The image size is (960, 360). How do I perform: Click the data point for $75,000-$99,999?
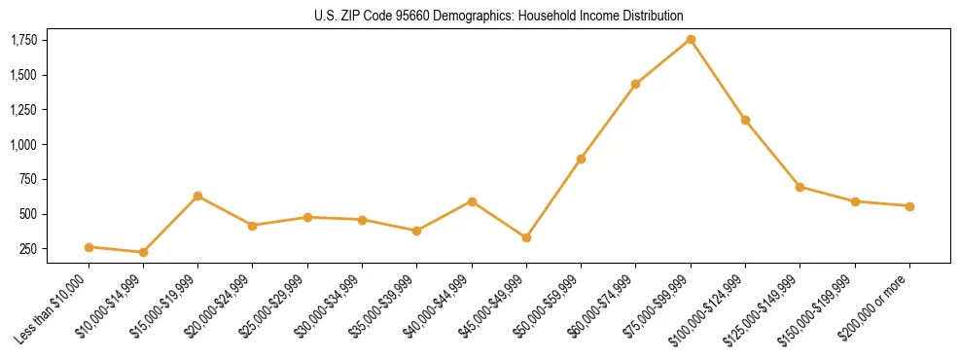691,39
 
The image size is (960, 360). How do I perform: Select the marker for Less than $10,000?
89,247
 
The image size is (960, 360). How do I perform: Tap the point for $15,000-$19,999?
197,196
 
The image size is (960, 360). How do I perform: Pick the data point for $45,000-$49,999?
526,237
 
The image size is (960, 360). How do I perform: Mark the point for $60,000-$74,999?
635,84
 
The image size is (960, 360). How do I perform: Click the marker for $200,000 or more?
909,206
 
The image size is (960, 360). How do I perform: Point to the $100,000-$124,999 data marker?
745,120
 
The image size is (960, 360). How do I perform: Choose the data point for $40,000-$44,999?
472,201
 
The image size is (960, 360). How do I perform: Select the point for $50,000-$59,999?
581,159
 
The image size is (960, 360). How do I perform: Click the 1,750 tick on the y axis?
24,40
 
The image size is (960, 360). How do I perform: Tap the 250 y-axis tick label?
29,249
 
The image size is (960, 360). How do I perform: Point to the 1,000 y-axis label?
24,145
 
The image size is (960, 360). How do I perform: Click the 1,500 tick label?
24,75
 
